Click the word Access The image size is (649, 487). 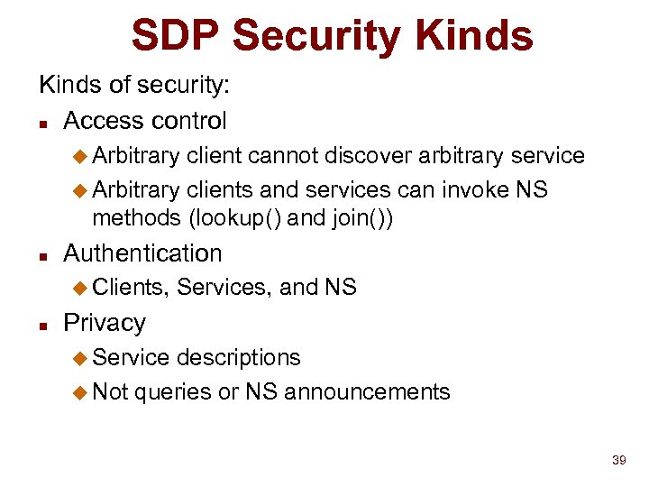101,121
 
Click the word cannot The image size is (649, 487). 284,156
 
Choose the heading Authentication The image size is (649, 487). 142,253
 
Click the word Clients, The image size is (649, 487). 131,288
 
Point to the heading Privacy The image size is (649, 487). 105,323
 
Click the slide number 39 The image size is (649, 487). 618,461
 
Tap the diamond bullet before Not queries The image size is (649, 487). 78,392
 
